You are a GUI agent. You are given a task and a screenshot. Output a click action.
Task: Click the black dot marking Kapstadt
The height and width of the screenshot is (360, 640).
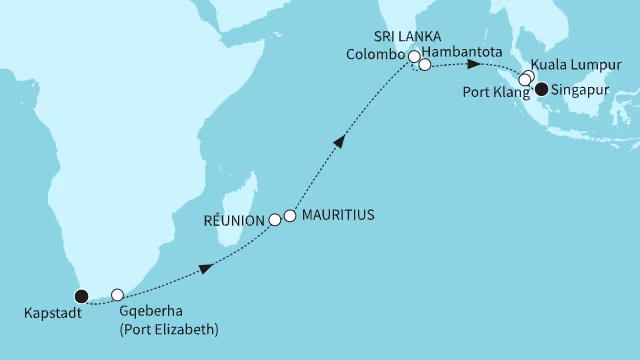[x=82, y=295]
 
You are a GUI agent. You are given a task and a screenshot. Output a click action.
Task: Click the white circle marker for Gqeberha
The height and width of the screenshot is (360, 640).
[x=117, y=295]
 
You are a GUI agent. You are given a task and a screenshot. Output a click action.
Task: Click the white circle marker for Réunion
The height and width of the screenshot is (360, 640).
[x=275, y=219]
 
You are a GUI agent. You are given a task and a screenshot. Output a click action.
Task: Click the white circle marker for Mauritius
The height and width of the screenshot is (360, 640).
[x=290, y=215]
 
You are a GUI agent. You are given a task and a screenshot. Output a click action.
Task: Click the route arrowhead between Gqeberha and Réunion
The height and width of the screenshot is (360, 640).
[x=204, y=268]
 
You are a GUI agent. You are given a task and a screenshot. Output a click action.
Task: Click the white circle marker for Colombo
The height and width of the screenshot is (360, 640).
[x=413, y=57]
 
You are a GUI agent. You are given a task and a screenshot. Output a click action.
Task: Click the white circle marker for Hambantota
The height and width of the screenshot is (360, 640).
[x=424, y=65]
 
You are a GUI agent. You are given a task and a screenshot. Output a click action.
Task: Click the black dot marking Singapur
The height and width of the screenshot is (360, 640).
[x=542, y=89]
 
